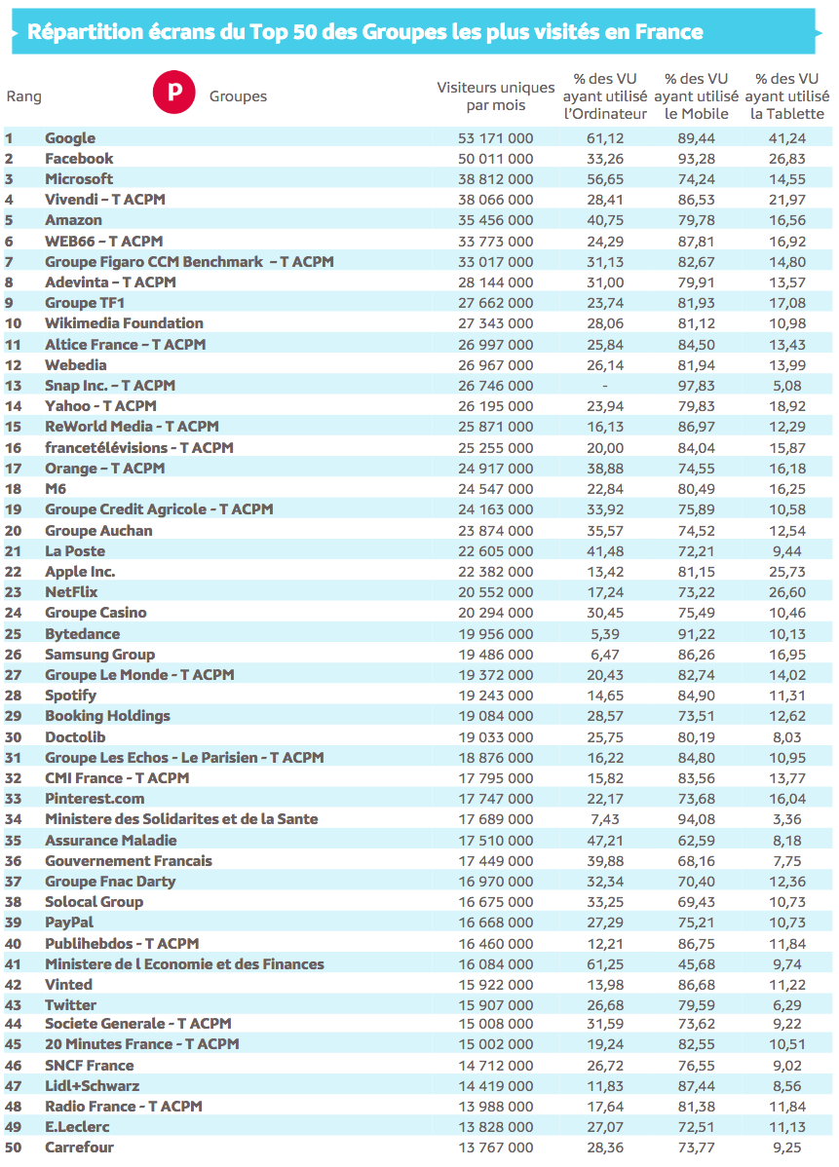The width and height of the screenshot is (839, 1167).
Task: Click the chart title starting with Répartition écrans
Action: pos(365,32)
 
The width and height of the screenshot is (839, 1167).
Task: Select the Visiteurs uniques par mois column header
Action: pos(495,96)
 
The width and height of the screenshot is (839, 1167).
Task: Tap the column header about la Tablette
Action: pos(787,96)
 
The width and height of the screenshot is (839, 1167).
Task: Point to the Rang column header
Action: pos(23,96)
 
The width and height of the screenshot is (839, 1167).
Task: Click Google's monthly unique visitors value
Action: pos(495,138)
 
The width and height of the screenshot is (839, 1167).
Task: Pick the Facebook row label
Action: pos(79,159)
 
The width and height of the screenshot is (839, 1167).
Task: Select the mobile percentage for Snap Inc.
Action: pos(696,385)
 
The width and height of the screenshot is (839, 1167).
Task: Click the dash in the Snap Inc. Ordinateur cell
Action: pos(605,385)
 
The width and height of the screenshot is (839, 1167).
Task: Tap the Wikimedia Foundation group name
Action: pos(124,323)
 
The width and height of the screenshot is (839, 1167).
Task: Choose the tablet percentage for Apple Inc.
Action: pos(786,572)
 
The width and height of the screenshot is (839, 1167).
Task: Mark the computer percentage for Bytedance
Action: pos(605,633)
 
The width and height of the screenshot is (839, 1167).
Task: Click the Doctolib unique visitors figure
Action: pos(495,737)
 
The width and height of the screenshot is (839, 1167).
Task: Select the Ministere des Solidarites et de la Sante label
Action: pos(181,819)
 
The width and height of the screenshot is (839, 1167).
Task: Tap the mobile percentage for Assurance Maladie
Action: pos(696,840)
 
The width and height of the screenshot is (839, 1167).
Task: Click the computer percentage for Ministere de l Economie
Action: pos(605,963)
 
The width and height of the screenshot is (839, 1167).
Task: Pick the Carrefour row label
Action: pos(79,1148)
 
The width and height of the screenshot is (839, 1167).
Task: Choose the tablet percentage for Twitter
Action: pos(786,1004)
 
